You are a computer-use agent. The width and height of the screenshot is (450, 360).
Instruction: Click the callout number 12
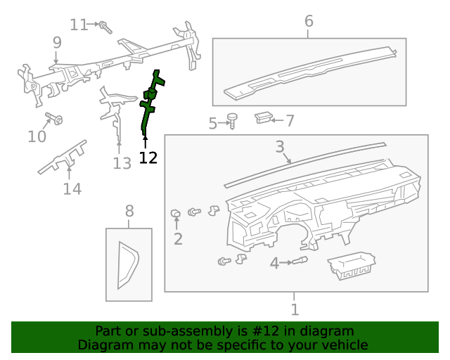pyautogui.click(x=148, y=157)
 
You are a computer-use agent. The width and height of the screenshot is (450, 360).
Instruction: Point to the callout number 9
pyautogui.click(x=57, y=43)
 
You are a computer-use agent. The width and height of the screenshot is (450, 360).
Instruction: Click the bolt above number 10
pyautogui.click(x=53, y=118)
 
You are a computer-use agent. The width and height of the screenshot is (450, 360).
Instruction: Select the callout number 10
pyautogui.click(x=37, y=136)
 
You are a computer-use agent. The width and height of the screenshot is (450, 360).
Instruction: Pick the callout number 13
pyautogui.click(x=122, y=163)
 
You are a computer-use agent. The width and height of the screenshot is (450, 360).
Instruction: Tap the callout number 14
pyautogui.click(x=72, y=188)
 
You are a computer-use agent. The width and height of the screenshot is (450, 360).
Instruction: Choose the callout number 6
pyautogui.click(x=309, y=21)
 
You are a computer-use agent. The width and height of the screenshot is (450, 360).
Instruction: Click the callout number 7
pyautogui.click(x=290, y=121)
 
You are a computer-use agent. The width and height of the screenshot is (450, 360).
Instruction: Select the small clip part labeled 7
pyautogui.click(x=264, y=117)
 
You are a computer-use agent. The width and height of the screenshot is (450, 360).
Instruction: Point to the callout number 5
pyautogui.click(x=213, y=124)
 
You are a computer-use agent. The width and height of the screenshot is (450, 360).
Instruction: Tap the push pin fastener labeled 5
pyautogui.click(x=232, y=121)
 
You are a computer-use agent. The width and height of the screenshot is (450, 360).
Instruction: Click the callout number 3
pyautogui.click(x=279, y=147)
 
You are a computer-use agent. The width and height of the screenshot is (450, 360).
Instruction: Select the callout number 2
pyautogui.click(x=178, y=239)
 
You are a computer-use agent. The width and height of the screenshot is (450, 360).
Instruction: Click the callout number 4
pyautogui.click(x=274, y=264)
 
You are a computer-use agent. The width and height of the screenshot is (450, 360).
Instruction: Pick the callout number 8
pyautogui.click(x=129, y=210)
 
